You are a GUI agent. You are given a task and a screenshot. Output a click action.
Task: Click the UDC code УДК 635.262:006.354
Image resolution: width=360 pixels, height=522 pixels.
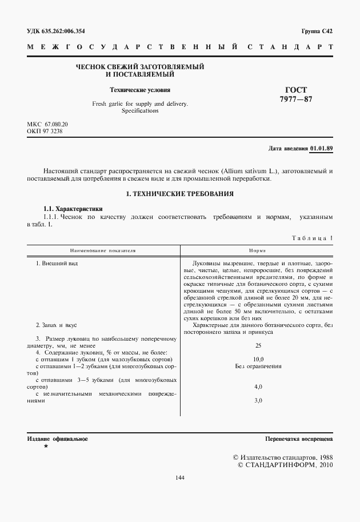point(59,31)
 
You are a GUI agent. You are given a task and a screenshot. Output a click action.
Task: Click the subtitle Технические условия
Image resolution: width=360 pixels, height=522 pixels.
point(140,90)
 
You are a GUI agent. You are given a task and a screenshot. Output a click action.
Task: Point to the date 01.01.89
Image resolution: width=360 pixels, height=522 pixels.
point(321,149)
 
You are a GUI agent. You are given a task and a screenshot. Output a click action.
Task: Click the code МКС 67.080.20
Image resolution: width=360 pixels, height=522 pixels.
point(47,124)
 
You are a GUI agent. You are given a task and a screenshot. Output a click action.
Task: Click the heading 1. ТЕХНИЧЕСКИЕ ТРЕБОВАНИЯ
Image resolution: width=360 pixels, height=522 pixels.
point(179,194)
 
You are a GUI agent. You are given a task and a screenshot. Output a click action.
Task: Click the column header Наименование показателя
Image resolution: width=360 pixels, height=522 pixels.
point(103,250)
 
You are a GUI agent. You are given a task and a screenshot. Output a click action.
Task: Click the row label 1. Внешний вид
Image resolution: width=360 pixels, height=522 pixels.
point(57,264)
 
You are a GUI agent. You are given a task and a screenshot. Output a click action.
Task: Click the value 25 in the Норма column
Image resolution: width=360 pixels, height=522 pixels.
point(258,345)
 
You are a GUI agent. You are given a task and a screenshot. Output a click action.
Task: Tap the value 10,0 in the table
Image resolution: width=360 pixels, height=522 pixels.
point(258,358)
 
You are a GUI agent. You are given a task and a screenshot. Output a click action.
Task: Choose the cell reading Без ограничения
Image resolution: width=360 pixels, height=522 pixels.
point(258,365)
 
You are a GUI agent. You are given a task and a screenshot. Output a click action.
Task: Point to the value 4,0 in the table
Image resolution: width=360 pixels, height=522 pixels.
point(258,386)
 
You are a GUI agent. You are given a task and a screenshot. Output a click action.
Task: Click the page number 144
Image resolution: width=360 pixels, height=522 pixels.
point(180,477)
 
